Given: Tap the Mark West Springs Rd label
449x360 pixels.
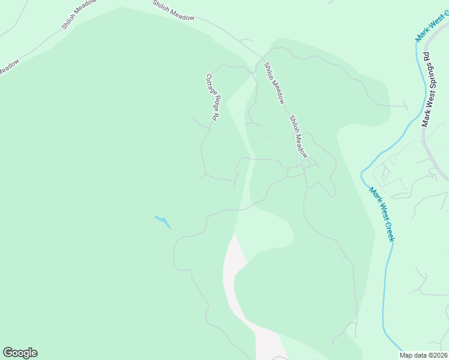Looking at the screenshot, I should [427, 89].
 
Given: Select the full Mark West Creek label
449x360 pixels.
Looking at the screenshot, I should [382, 215].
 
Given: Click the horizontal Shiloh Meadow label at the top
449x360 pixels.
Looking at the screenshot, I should [173, 11].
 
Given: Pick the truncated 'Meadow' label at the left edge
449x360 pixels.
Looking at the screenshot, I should [8, 66].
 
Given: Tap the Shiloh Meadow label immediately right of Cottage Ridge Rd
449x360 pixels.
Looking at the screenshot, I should [274, 83].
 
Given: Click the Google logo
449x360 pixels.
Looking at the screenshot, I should [20, 353].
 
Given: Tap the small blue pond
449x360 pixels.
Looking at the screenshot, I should [163, 222].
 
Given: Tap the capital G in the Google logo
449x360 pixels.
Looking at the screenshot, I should [7, 353].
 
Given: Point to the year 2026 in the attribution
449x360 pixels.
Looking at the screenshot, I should [439, 355].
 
